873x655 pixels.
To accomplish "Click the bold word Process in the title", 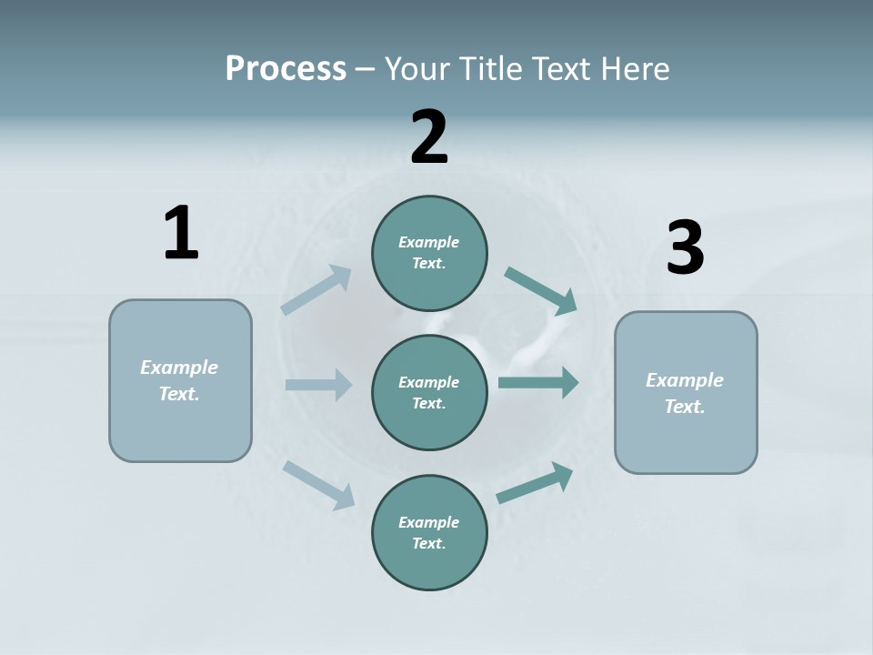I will pyautogui.click(x=286, y=69).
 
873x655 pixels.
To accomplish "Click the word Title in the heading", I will pyautogui.click(x=492, y=69).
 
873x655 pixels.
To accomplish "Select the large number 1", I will pyautogui.click(x=181, y=234).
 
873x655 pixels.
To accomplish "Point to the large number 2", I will pyautogui.click(x=429, y=138).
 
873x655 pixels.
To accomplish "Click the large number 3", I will pyautogui.click(x=685, y=248).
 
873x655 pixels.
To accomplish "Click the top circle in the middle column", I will pyautogui.click(x=429, y=253).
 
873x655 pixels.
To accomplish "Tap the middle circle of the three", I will pyautogui.click(x=429, y=392).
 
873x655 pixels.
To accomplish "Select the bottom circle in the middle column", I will pyautogui.click(x=429, y=533).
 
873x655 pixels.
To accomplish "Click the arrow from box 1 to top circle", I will pyautogui.click(x=316, y=289).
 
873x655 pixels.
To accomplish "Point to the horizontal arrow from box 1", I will pyautogui.click(x=318, y=385).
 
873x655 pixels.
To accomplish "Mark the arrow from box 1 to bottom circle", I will pyautogui.click(x=318, y=484).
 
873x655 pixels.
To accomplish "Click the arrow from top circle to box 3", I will pyautogui.click(x=541, y=290).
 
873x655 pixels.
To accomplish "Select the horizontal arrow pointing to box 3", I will pyautogui.click(x=538, y=382).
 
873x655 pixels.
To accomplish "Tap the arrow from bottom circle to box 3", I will pyautogui.click(x=535, y=483).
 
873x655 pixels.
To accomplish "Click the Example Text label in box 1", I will pyautogui.click(x=179, y=380).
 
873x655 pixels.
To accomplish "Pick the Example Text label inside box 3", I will pyautogui.click(x=685, y=393).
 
